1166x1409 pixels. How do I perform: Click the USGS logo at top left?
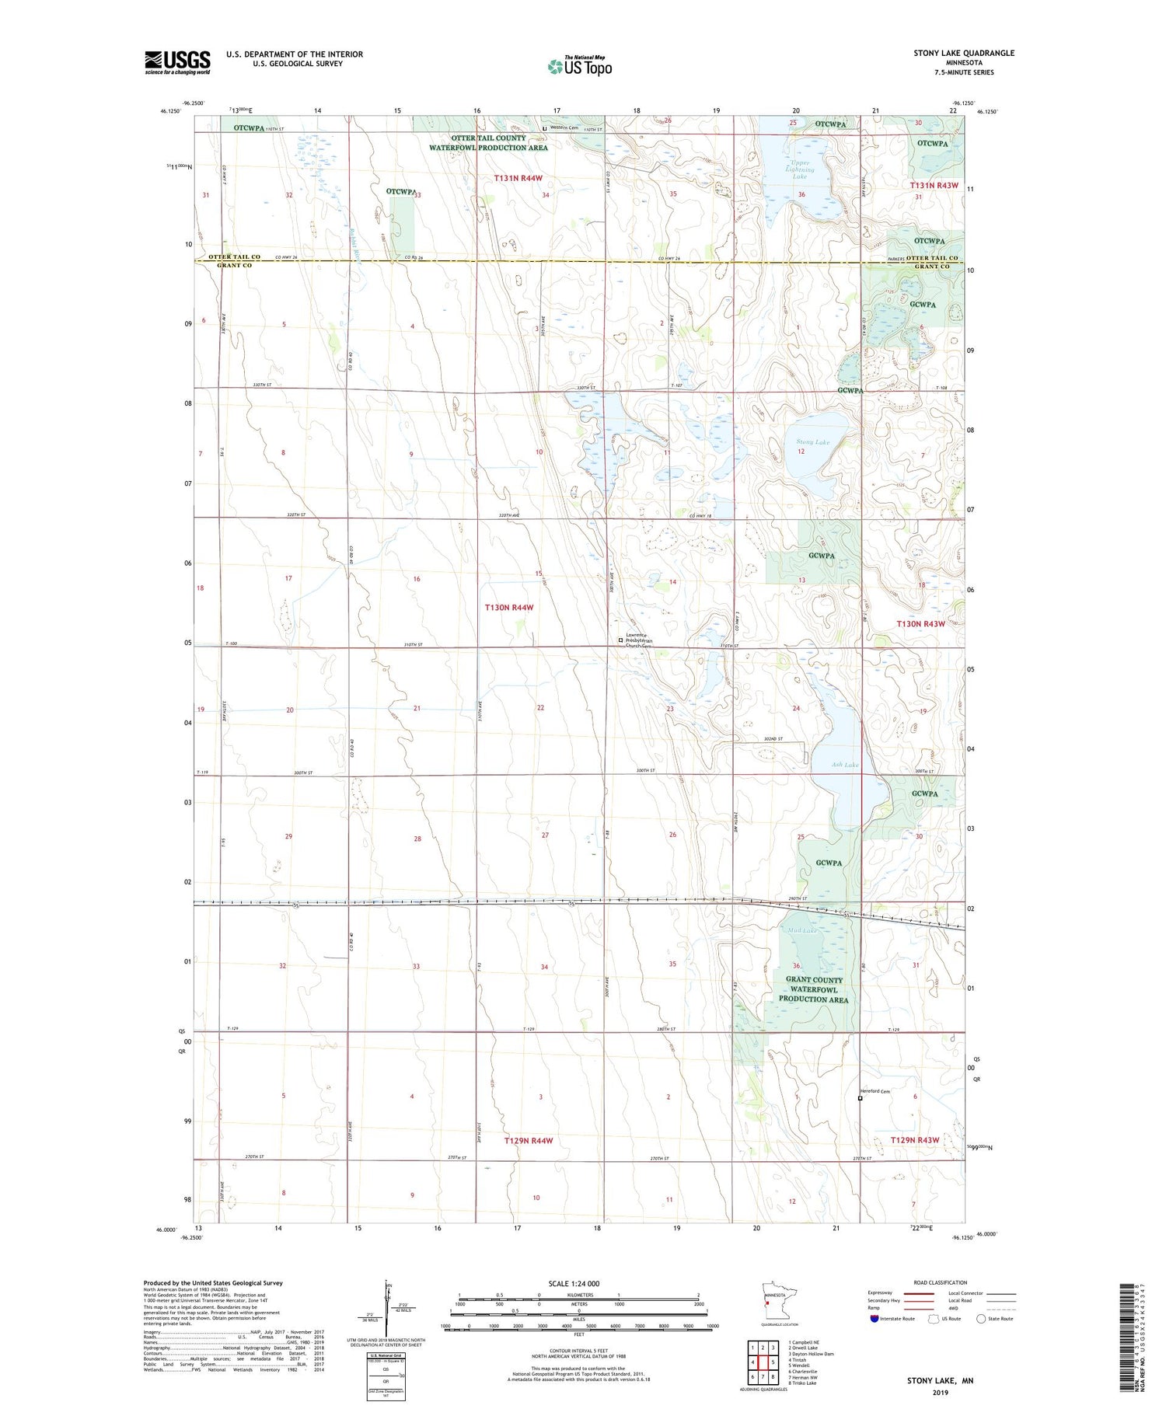coord(177,61)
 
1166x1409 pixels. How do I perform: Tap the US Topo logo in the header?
coord(579,67)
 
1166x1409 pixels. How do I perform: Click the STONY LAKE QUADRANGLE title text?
coord(964,53)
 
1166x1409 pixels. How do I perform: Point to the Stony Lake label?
coord(812,442)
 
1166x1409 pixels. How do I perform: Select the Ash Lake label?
coord(845,765)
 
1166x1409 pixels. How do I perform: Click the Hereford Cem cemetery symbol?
coord(860,1099)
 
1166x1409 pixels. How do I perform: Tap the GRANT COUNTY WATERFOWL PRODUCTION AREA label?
coord(813,990)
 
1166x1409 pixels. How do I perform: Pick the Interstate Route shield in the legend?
coord(874,1319)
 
